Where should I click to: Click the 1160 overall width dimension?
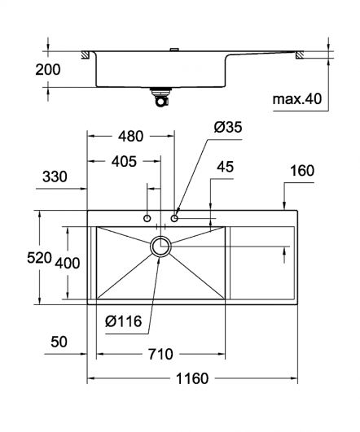(x=192, y=378)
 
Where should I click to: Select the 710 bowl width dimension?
(x=160, y=354)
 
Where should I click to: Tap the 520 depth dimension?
(x=39, y=258)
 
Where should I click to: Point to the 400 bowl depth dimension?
(x=68, y=263)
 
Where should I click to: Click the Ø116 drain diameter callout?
(x=123, y=321)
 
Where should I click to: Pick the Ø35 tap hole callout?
(x=228, y=127)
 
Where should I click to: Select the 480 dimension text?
(x=131, y=136)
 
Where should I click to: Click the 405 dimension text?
(x=124, y=161)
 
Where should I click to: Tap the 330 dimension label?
(x=55, y=177)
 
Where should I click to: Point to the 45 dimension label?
(x=225, y=167)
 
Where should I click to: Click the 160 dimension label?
(x=302, y=171)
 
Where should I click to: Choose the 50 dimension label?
(x=59, y=342)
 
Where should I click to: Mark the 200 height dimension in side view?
(x=48, y=70)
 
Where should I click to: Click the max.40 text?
(x=297, y=99)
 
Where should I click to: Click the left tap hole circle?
(x=147, y=219)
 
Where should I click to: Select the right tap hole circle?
(x=174, y=219)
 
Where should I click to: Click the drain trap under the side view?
(x=161, y=98)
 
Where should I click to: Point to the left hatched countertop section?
(x=85, y=55)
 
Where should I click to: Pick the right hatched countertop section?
(x=300, y=55)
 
